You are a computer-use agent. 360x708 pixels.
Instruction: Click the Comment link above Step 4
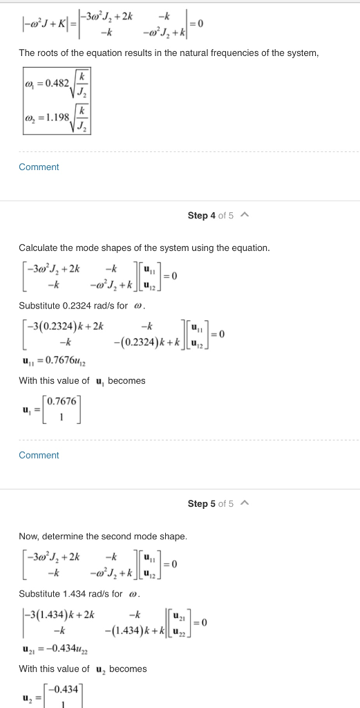[x=39, y=167]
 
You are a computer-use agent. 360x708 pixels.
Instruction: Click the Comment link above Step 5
[x=39, y=455]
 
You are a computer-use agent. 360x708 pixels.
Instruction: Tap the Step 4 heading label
[x=202, y=216]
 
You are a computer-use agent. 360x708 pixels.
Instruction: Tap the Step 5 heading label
[x=202, y=503]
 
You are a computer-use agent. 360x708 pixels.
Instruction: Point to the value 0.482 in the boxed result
[x=56, y=84]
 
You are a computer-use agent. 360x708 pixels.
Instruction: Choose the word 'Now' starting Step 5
[x=28, y=536]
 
